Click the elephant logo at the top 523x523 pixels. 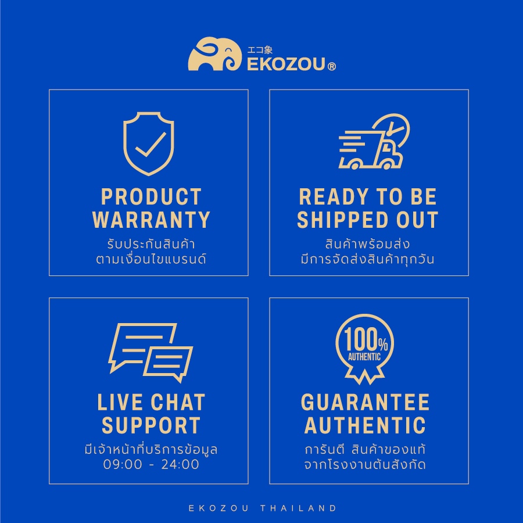coord(214,54)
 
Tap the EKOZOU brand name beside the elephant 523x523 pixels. coord(286,65)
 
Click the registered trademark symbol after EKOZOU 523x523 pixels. coord(332,67)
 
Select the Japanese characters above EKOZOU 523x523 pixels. coord(260,50)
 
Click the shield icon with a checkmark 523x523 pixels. coord(148,144)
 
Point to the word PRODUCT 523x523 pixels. coord(151,197)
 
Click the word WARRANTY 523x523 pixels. coord(151,220)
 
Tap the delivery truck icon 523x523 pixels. coord(374,142)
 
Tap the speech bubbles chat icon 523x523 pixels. coord(151,353)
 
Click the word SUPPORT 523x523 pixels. coord(151,425)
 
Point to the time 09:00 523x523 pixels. coord(123,464)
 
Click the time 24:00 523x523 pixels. coord(180,464)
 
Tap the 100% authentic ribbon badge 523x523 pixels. coord(364,349)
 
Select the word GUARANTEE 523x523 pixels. coord(365,403)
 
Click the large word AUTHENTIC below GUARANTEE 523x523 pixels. coord(365,425)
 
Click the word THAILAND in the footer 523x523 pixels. coord(298,508)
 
